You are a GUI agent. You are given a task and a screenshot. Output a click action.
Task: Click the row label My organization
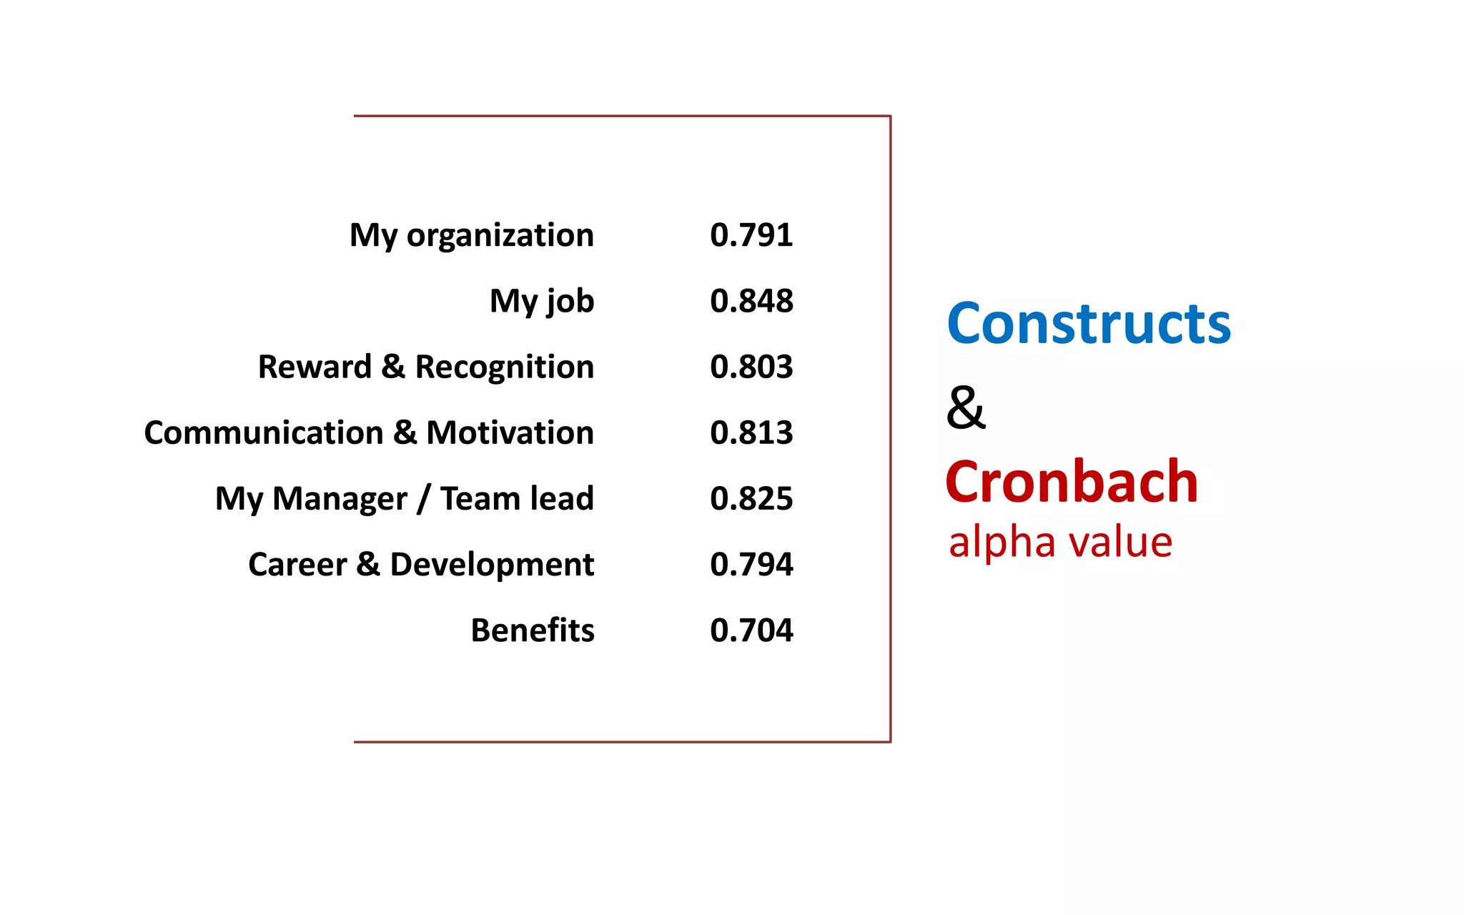pyautogui.click(x=471, y=235)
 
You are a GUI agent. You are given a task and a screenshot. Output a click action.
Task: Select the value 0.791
pyautogui.click(x=751, y=235)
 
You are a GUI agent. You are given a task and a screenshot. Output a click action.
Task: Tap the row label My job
pyautogui.click(x=541, y=301)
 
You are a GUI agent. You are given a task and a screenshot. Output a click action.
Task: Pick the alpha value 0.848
pyautogui.click(x=751, y=301)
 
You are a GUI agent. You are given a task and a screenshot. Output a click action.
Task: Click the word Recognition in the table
pyautogui.click(x=504, y=367)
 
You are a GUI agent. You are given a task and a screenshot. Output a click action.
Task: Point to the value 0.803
pyautogui.click(x=751, y=367)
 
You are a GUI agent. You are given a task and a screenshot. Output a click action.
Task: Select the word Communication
pyautogui.click(x=264, y=433)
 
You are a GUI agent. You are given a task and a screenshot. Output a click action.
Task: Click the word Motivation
pyautogui.click(x=510, y=433)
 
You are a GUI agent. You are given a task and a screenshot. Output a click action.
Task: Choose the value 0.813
pyautogui.click(x=751, y=433)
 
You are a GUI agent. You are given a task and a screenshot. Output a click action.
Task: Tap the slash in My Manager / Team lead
pyautogui.click(x=424, y=499)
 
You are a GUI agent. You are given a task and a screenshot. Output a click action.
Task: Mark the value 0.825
pyautogui.click(x=751, y=499)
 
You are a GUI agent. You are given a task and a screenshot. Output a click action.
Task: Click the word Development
pyautogui.click(x=492, y=565)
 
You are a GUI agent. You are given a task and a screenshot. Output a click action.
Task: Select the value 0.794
pyautogui.click(x=751, y=565)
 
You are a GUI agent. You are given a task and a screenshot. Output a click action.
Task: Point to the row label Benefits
pyautogui.click(x=532, y=630)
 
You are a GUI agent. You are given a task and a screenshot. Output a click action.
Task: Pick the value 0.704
pyautogui.click(x=751, y=630)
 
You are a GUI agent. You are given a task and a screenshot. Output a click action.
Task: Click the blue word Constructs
pyautogui.click(x=1088, y=324)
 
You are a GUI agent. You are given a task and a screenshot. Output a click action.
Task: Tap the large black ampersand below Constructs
pyautogui.click(x=966, y=407)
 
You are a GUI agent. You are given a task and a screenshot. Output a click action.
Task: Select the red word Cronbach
pyautogui.click(x=1071, y=482)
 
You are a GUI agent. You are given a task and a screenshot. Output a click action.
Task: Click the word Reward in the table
pyautogui.click(x=315, y=367)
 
